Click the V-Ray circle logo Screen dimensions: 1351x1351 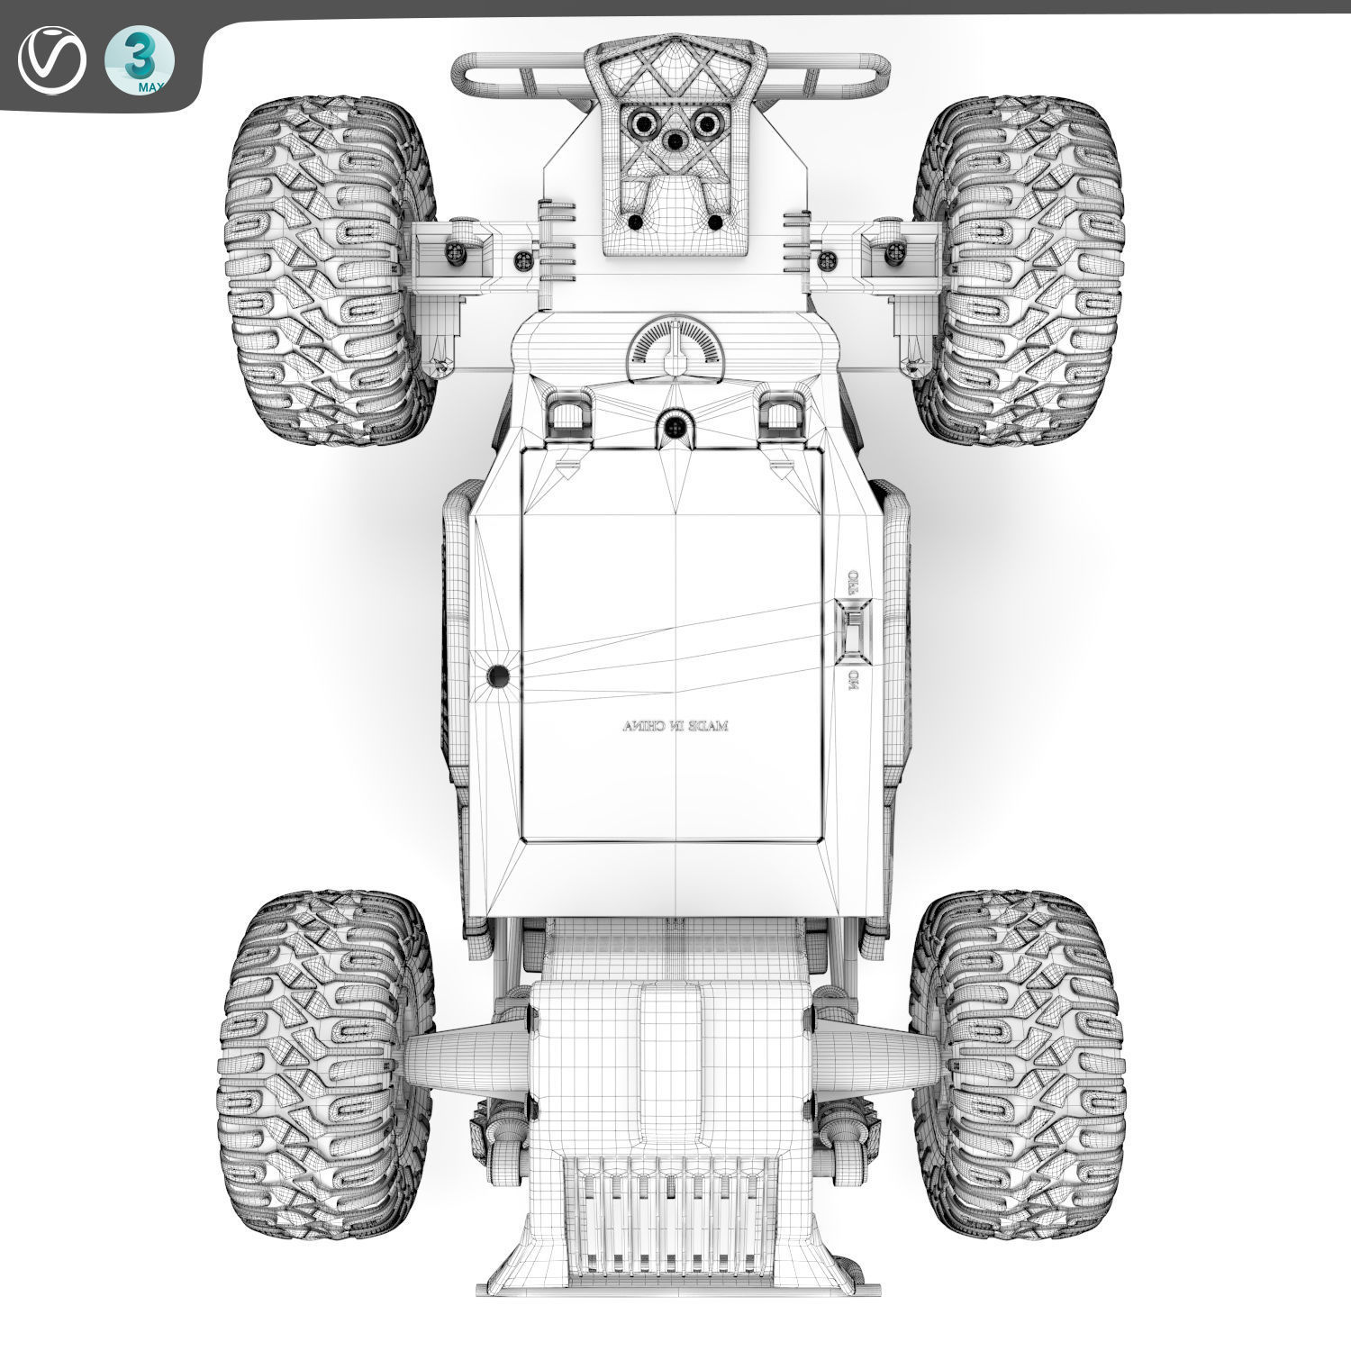coord(50,60)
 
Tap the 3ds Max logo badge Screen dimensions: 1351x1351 coord(140,60)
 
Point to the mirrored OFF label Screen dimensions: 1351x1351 coord(852,581)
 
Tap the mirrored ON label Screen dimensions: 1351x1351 coord(851,681)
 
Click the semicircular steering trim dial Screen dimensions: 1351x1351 coord(675,344)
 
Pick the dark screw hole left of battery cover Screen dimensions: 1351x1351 coord(497,675)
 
